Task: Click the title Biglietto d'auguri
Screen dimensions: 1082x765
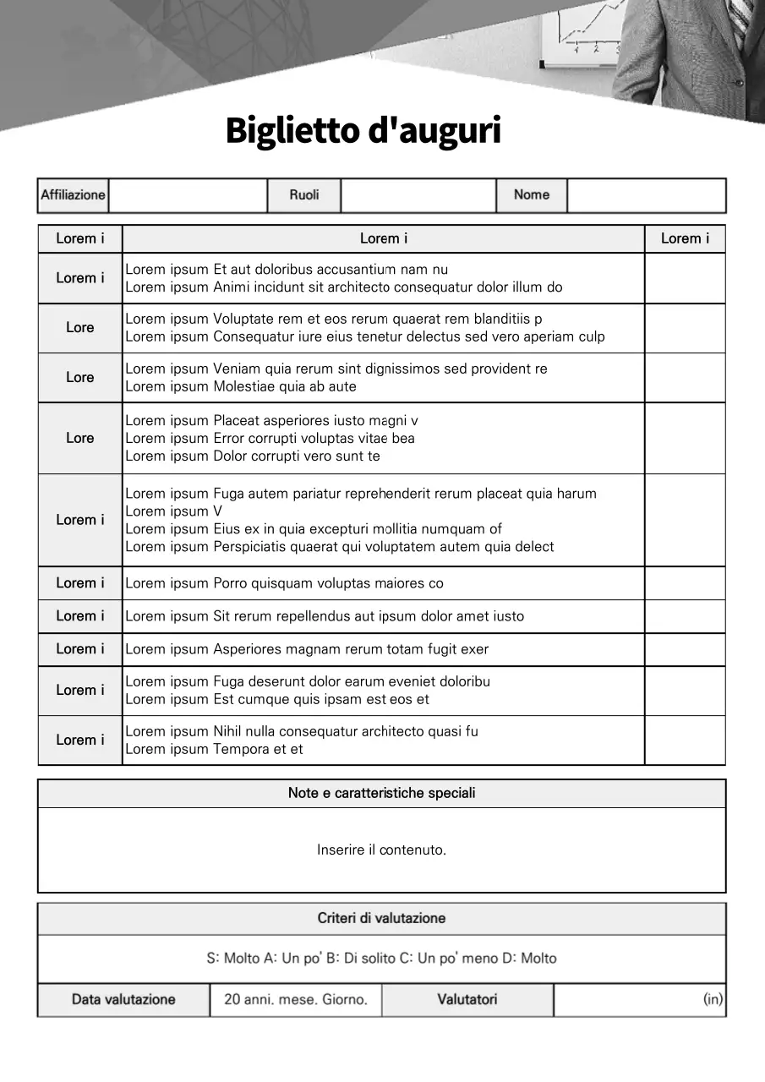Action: tap(363, 131)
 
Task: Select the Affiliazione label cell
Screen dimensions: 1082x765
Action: tap(74, 195)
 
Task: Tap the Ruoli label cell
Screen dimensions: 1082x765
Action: tap(304, 195)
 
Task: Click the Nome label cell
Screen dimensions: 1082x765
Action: tap(531, 195)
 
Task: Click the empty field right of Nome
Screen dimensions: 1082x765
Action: tap(646, 195)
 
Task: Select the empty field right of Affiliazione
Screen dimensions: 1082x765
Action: tap(188, 195)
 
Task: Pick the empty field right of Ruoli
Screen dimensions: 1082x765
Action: tap(418, 195)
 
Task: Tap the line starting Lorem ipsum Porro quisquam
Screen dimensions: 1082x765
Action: tap(284, 583)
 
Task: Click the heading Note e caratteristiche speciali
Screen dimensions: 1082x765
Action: tap(381, 793)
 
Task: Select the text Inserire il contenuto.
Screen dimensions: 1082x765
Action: tap(381, 850)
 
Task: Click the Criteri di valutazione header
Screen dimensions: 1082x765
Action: tap(381, 918)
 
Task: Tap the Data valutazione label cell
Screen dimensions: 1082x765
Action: tap(123, 999)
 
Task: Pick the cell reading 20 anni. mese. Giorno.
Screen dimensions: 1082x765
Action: tap(296, 999)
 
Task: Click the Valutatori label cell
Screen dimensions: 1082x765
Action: tap(467, 999)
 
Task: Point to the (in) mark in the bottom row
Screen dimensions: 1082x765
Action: tap(713, 999)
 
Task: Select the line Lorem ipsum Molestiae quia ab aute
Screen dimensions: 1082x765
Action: tap(241, 387)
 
